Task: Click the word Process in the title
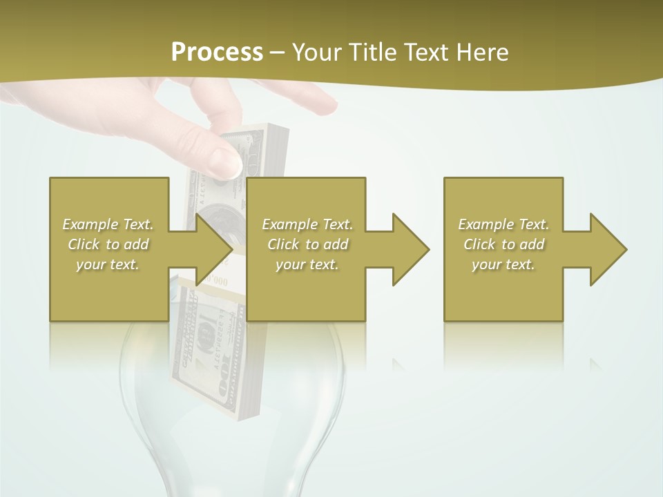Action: [x=217, y=52]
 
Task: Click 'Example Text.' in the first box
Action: [x=108, y=224]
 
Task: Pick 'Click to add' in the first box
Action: [x=108, y=244]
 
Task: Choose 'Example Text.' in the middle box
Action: [x=307, y=224]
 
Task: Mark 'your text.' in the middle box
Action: [x=307, y=264]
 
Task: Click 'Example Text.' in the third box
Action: [x=503, y=224]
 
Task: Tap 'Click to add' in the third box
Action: [x=503, y=244]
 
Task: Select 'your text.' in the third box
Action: [x=503, y=264]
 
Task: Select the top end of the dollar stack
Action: [x=266, y=131]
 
